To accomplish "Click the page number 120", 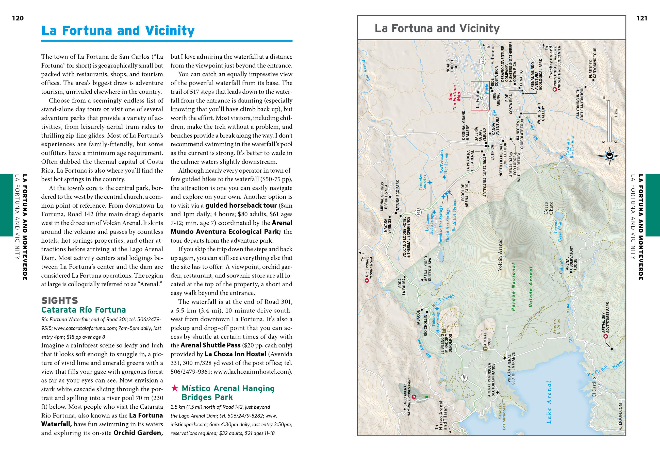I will [18, 19].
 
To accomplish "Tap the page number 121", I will [642, 19].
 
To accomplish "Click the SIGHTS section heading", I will [60, 300].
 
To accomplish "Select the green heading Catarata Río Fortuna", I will [84, 310].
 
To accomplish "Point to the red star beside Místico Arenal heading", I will [175, 388].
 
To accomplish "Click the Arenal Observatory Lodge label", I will [571, 262].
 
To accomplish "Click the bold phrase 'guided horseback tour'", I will [241, 205].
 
